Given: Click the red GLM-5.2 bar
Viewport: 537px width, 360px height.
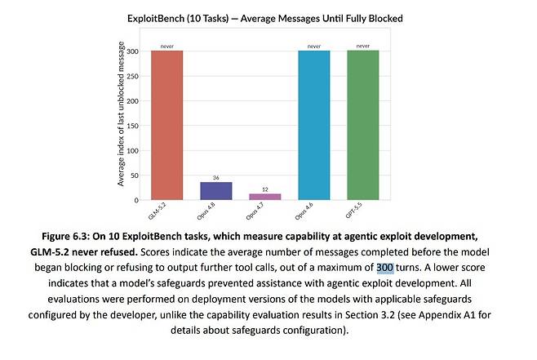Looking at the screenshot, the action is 166,125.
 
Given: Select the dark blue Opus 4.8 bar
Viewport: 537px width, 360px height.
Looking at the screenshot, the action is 216,191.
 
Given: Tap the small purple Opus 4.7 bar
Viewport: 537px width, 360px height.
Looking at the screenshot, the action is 265,197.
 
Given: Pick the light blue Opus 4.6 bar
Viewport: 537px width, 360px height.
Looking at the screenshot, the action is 314,125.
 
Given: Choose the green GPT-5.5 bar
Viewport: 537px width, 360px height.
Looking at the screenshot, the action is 363,125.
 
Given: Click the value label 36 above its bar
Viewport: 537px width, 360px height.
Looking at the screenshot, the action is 215,177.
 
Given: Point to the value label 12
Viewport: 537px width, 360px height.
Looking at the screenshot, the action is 265,189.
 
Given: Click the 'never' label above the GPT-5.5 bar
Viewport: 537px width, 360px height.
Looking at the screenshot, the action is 363,46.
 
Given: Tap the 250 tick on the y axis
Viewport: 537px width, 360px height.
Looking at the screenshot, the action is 132,76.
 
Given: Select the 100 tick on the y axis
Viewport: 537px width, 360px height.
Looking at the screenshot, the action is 132,151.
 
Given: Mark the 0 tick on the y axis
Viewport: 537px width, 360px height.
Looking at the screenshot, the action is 136,200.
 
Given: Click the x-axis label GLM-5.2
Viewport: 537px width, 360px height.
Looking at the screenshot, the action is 158,211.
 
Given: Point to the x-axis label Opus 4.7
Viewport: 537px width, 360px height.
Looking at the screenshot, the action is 255,211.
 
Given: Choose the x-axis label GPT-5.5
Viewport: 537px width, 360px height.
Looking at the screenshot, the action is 353,210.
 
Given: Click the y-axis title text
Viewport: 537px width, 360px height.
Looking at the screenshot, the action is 121,113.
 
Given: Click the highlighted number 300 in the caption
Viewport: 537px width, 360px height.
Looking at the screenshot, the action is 385,268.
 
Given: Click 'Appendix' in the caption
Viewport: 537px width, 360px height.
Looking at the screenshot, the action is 440,315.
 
